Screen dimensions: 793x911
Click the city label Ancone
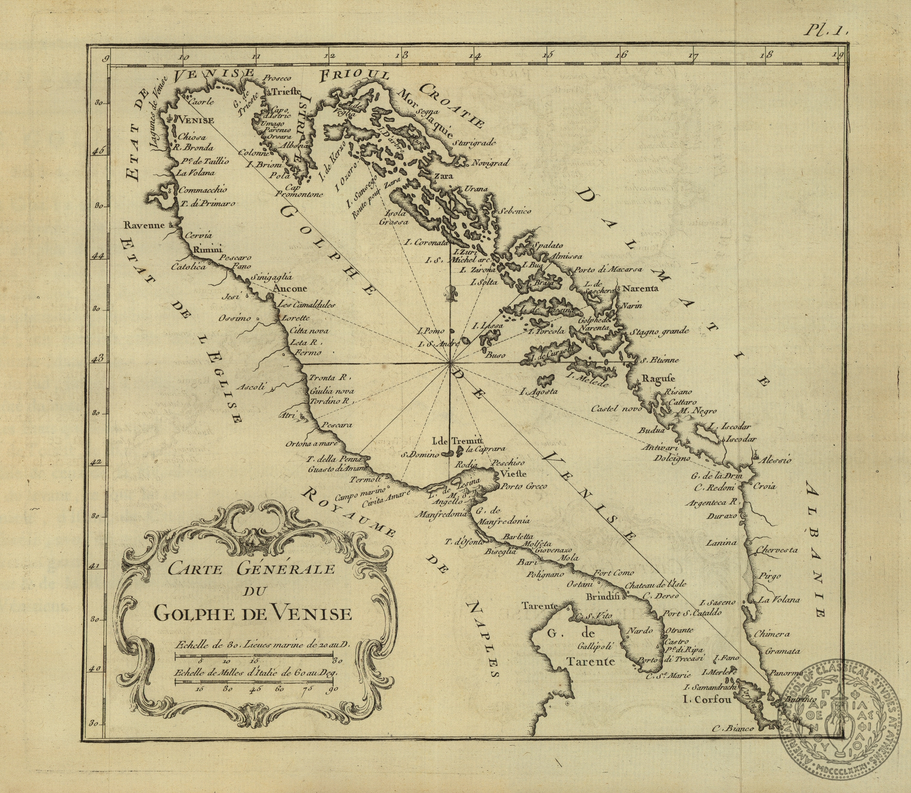pyautogui.click(x=290, y=289)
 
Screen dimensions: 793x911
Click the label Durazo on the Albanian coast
pyautogui.click(x=722, y=516)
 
